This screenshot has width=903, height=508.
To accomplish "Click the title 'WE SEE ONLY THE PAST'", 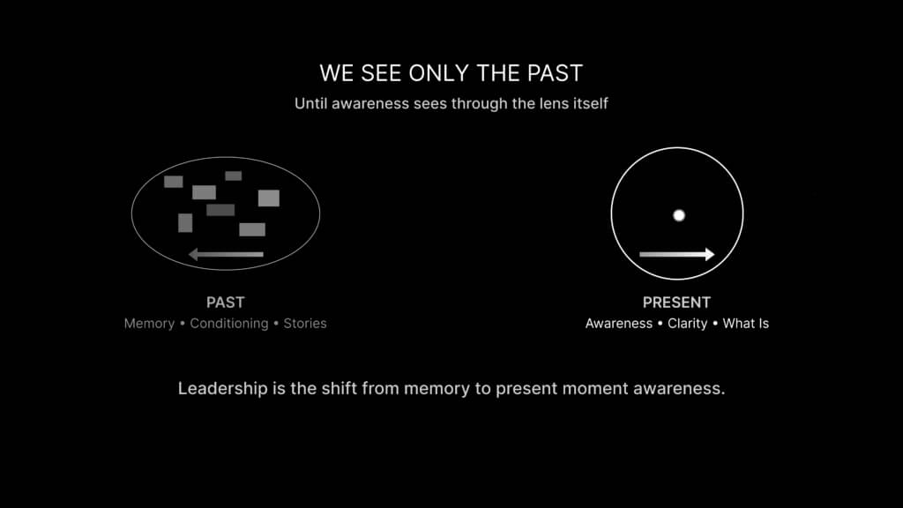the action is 451,73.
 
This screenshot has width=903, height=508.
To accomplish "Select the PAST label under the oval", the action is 225,303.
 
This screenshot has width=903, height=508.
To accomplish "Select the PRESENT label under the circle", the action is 676,303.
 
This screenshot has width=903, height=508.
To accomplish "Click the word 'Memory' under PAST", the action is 149,324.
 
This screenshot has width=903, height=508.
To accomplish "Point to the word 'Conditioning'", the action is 229,324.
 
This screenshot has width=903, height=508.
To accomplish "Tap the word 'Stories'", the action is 304,324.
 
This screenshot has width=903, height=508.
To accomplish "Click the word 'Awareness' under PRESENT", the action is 618,324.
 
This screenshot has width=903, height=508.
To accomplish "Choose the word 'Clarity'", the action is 687,324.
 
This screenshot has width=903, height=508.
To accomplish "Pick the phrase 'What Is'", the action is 746,324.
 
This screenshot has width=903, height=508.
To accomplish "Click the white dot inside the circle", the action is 679,215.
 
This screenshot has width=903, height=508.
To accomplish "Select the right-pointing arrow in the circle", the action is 676,254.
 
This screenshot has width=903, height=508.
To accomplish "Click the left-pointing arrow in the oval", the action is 226,254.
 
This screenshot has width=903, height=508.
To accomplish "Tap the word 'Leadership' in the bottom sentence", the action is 223,389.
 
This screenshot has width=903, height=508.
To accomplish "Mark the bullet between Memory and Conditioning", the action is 183,324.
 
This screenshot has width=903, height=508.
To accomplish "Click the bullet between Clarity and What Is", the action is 715,324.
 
